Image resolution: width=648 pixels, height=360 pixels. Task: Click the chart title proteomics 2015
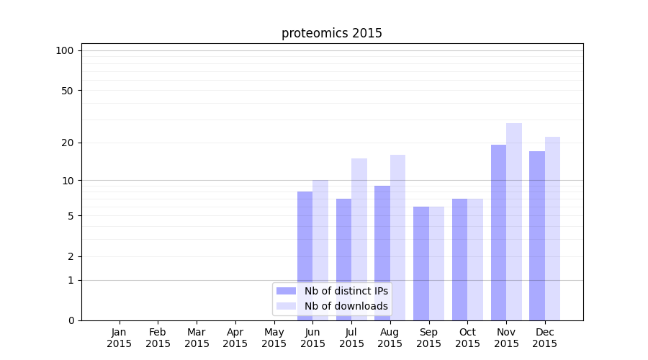[x=331, y=33]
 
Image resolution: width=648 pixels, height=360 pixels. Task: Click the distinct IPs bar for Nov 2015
[x=498, y=230]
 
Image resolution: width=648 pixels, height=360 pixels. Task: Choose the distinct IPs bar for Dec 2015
[x=537, y=234]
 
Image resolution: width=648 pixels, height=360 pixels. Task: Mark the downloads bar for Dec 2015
[x=553, y=227]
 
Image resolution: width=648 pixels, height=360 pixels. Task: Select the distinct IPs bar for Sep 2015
[x=421, y=263]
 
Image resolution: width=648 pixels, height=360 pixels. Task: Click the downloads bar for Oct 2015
[x=475, y=259]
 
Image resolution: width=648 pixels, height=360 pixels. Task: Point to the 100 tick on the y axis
[x=65, y=50]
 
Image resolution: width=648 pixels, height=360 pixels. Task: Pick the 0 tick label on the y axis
[x=71, y=320]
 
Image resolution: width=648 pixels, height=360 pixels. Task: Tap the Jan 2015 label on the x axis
[x=120, y=338]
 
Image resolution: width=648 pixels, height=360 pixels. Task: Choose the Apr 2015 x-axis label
[x=235, y=338]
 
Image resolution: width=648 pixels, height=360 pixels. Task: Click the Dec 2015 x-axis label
[x=545, y=338]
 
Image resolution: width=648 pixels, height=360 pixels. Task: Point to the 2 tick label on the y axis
[x=71, y=256]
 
